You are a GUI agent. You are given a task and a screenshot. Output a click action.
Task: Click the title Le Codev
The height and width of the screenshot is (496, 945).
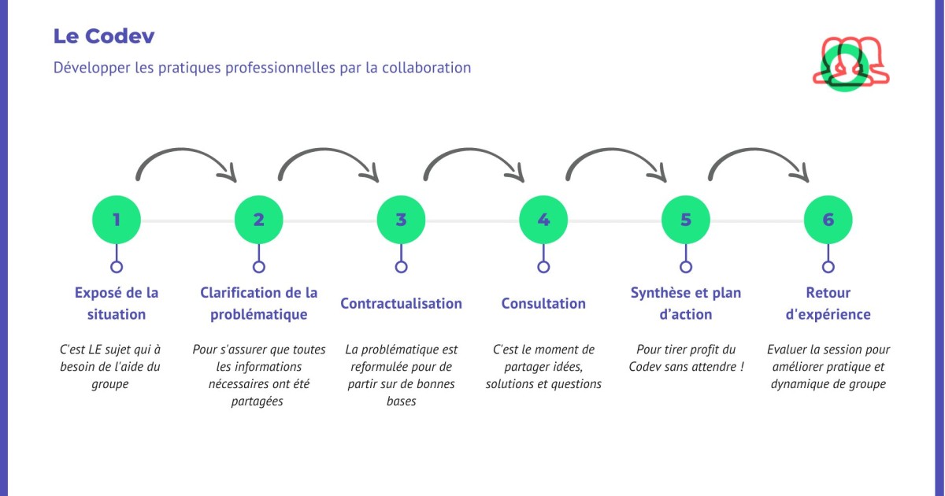[x=104, y=36]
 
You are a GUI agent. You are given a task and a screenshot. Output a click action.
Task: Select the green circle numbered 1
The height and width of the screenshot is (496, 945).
[x=117, y=220]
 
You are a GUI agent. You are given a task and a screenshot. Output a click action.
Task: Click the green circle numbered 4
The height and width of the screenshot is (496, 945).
[x=543, y=220]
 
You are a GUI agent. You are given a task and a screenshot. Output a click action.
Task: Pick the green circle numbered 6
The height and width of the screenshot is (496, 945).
[x=828, y=220]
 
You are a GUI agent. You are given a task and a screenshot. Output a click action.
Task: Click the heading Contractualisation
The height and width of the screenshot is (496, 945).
[x=401, y=304]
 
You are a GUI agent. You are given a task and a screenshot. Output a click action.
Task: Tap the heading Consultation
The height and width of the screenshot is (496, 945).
[x=543, y=304]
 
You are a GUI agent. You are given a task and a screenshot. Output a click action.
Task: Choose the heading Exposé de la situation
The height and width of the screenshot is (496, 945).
[x=117, y=303]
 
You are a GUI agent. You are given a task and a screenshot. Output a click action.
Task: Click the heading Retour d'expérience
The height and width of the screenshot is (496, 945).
[x=828, y=303]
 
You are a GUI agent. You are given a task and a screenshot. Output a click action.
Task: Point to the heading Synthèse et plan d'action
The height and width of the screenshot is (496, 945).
[x=685, y=303]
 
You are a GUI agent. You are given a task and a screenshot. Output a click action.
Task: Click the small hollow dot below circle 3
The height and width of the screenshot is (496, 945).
[x=401, y=267]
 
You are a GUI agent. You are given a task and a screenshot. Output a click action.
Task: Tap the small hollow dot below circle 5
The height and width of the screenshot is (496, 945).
[x=686, y=267]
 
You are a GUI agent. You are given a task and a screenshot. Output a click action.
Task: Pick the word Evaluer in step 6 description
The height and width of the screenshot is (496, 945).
[x=787, y=350]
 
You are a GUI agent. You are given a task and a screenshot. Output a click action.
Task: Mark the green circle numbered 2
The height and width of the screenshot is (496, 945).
[x=259, y=220]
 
